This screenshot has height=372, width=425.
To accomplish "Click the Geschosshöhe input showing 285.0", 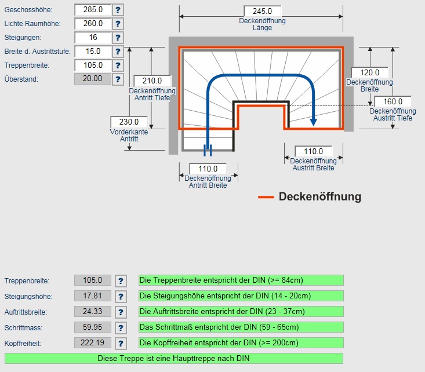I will [x=93, y=10].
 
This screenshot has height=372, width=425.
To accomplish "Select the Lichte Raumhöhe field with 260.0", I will [x=93, y=24].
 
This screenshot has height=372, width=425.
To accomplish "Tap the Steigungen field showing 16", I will [x=93, y=38].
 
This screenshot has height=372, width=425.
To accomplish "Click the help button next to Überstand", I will [x=118, y=79].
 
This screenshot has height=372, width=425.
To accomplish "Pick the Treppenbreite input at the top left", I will [x=93, y=65].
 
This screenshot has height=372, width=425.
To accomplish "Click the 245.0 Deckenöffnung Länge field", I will [x=262, y=12].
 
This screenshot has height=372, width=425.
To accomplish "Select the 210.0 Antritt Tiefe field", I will [x=152, y=81].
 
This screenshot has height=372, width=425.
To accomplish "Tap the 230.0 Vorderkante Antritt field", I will [x=129, y=122].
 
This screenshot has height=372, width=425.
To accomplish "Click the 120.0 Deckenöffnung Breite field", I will [x=369, y=72].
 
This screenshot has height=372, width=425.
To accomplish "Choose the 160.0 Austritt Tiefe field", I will [x=393, y=101].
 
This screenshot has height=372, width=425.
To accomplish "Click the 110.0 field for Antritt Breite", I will [x=208, y=169].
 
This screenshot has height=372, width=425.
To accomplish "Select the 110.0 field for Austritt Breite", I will [x=313, y=151].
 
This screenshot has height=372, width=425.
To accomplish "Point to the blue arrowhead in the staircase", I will [x=313, y=121].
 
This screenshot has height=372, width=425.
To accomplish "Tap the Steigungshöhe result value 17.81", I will [x=93, y=296].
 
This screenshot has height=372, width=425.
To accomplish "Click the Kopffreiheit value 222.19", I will [x=93, y=343].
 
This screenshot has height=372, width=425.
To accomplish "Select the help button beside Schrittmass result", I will [x=121, y=328].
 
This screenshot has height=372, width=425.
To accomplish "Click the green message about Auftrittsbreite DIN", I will [x=241, y=312].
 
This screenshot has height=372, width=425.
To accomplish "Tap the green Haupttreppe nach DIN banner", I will [x=173, y=358].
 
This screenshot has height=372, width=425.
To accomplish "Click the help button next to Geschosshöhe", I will [x=118, y=10].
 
